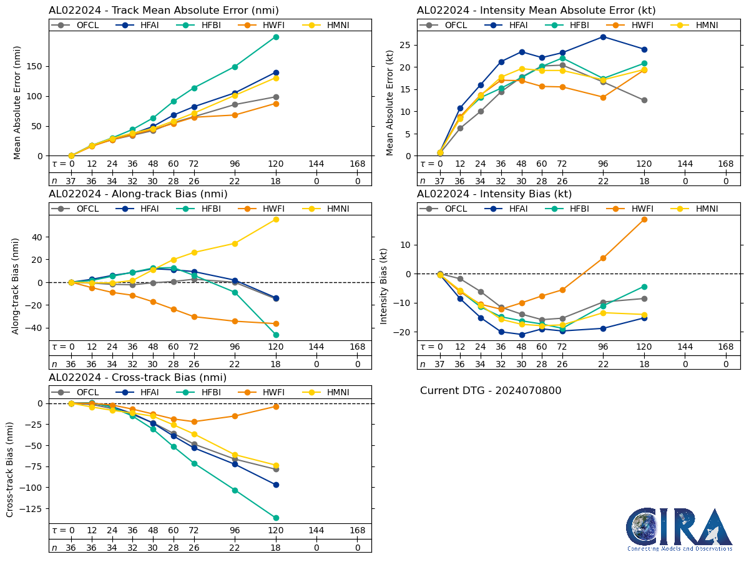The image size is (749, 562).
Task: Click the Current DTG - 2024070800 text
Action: tap(491, 391)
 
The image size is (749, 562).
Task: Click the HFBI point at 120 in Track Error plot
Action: tap(276, 37)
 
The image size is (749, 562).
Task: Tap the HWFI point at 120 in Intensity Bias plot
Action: tap(644, 219)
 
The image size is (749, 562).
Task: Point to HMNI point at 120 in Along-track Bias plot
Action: tap(276, 219)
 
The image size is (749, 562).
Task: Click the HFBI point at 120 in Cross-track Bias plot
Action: tap(276, 518)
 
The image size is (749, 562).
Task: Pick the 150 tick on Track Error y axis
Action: tap(38, 66)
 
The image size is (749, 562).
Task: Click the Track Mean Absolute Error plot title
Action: tap(164, 11)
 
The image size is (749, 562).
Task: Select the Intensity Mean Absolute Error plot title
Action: tap(536, 11)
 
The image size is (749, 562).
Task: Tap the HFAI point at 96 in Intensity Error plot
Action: tap(603, 37)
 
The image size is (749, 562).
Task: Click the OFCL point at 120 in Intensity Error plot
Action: tap(644, 100)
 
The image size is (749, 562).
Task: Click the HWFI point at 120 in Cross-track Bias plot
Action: tap(276, 407)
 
